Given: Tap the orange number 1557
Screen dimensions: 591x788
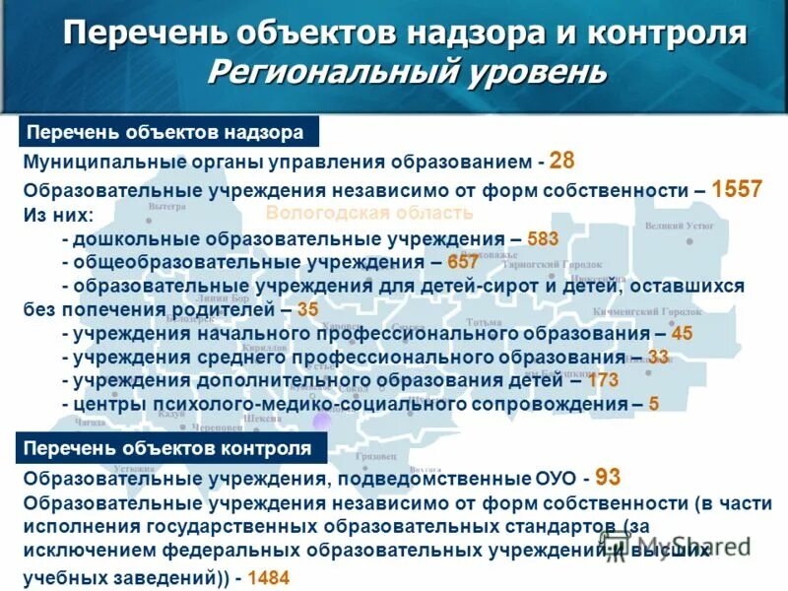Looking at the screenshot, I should click(736, 189).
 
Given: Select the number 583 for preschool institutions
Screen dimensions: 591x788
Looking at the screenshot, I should click(543, 238).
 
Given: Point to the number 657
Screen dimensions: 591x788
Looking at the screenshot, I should click(462, 262).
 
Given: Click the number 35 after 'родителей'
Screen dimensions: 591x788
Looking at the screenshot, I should click(307, 309).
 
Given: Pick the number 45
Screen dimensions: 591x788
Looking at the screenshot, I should click(682, 333).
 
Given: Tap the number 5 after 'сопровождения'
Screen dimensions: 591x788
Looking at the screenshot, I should click(654, 404).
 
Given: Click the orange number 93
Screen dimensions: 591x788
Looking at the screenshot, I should click(608, 478).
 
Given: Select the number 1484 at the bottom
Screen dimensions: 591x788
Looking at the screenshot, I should click(269, 578).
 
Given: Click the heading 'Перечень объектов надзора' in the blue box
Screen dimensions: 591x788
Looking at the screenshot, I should click(164, 132).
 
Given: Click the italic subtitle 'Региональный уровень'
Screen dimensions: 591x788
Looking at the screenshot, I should click(406, 71).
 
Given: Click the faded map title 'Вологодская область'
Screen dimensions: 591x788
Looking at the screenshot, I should click(369, 213).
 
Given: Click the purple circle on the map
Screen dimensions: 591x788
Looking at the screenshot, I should click(321, 422).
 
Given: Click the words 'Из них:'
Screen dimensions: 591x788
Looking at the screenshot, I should click(59, 214).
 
